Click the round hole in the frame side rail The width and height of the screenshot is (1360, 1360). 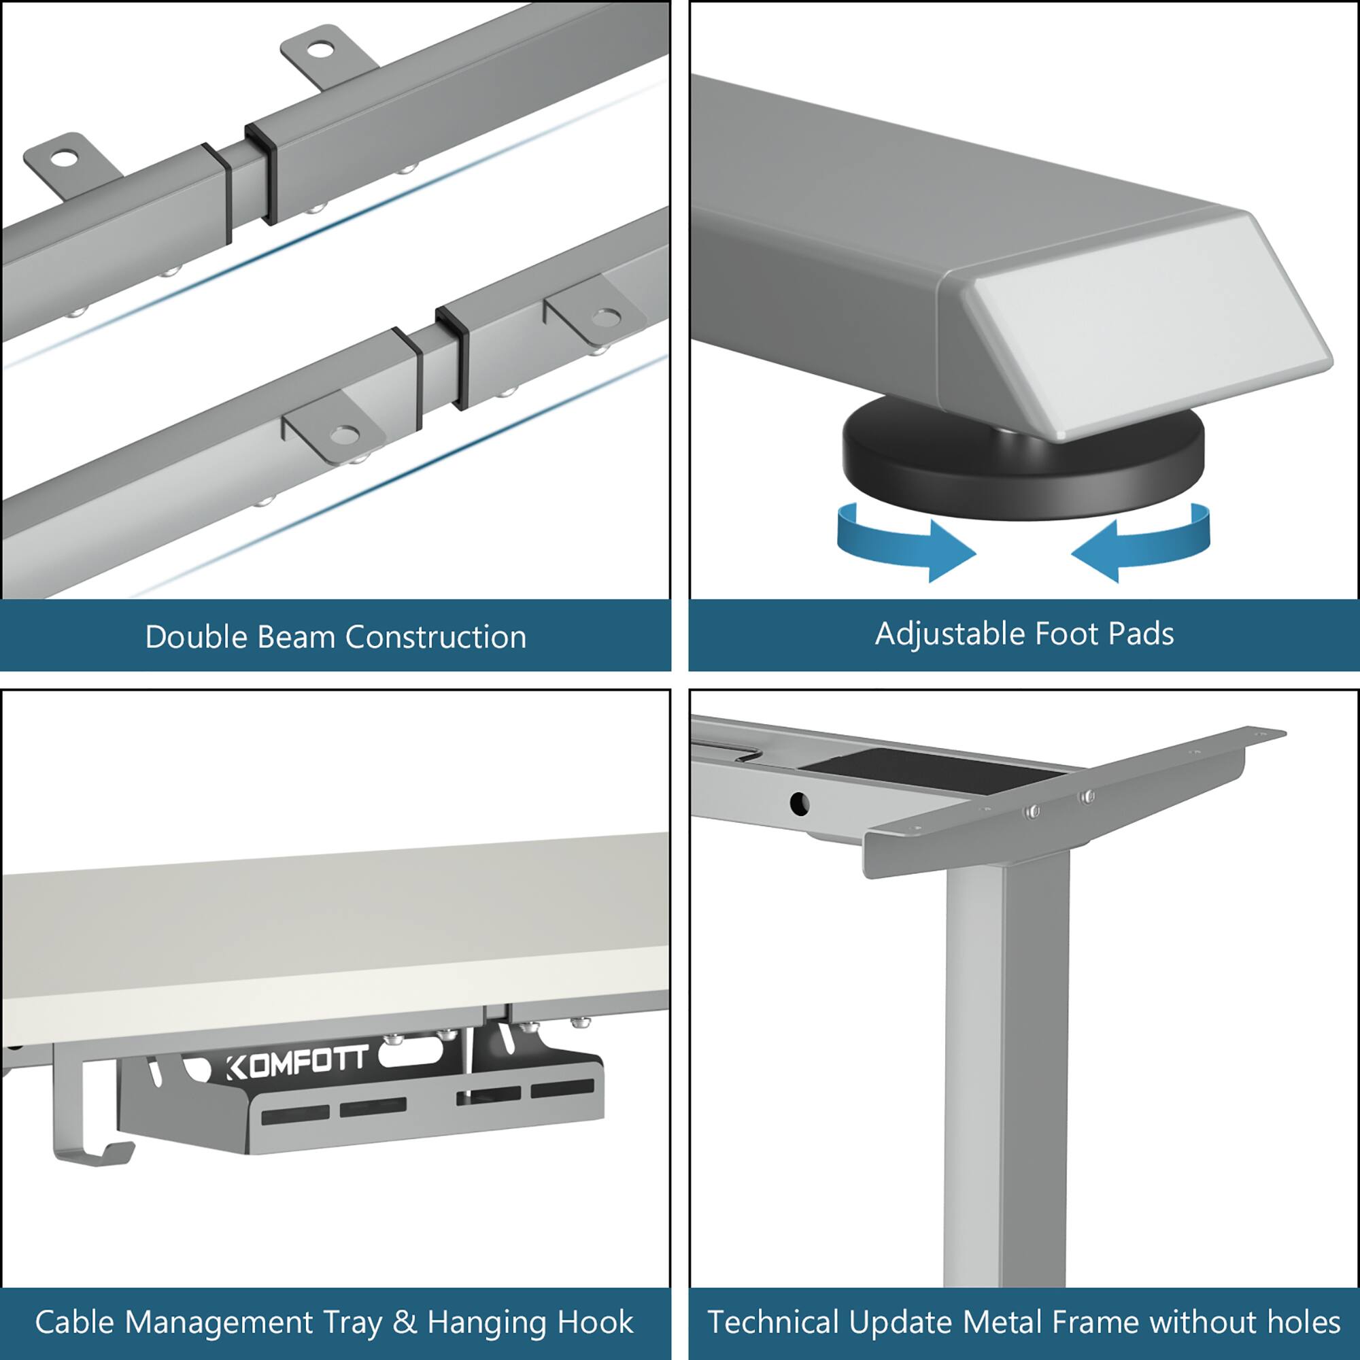pyautogui.click(x=799, y=802)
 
